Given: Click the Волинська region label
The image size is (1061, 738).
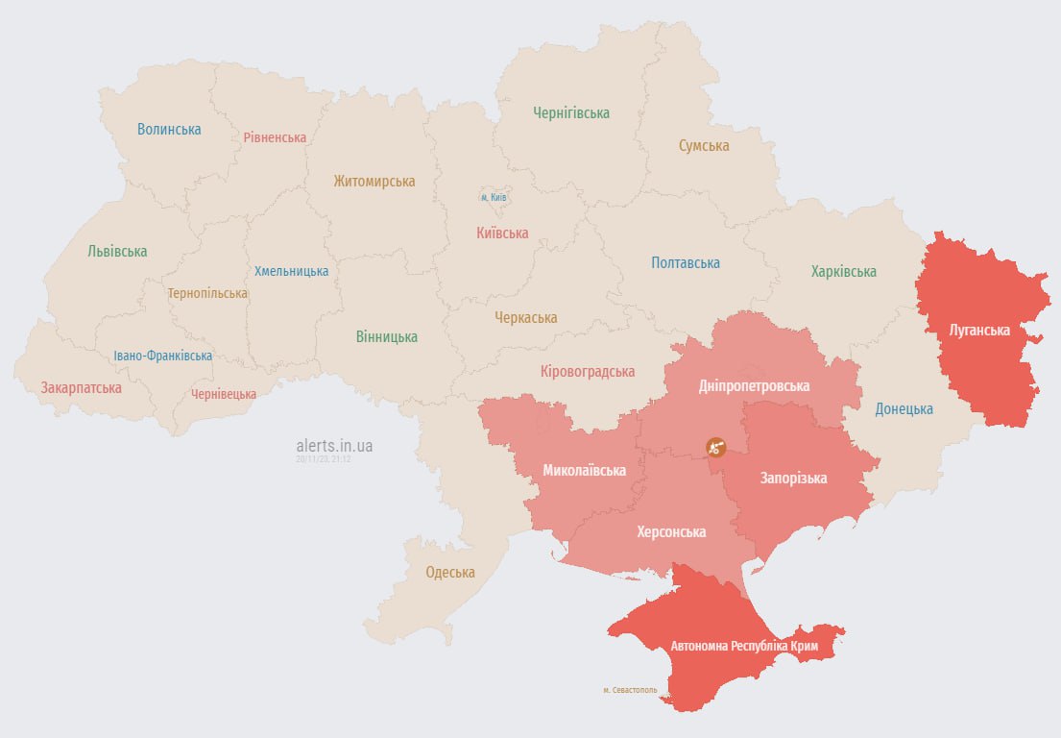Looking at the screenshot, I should pyautogui.click(x=169, y=129).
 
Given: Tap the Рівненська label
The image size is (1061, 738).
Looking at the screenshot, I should pyautogui.click(x=275, y=137).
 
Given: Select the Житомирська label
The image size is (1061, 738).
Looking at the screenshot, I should pyautogui.click(x=374, y=181).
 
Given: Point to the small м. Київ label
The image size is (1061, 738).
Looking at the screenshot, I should pyautogui.click(x=494, y=197).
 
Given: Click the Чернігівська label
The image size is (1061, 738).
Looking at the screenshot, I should pyautogui.click(x=571, y=112).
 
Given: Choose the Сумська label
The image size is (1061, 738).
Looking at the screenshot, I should pyautogui.click(x=704, y=146).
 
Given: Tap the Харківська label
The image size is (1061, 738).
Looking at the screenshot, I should pyautogui.click(x=843, y=271).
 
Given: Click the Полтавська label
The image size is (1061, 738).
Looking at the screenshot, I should pyautogui.click(x=686, y=262).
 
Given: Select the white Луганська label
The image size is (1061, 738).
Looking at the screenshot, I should pyautogui.click(x=979, y=330).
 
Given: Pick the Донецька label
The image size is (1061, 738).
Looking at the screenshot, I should pyautogui.click(x=904, y=408).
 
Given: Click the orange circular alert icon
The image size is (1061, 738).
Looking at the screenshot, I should pyautogui.click(x=715, y=446).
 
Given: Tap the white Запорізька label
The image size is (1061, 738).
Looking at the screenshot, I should pyautogui.click(x=793, y=478).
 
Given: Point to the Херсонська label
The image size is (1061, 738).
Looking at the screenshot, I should pyautogui.click(x=671, y=531).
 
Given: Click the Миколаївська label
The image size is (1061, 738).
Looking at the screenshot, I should pyautogui.click(x=584, y=470).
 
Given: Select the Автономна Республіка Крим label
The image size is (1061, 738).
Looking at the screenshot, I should pyautogui.click(x=744, y=647).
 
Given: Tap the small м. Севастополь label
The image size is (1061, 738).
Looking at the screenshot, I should pyautogui.click(x=630, y=690).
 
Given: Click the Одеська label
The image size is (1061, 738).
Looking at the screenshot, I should pyautogui.click(x=450, y=572).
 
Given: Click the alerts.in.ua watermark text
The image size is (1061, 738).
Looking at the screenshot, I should pyautogui.click(x=334, y=446).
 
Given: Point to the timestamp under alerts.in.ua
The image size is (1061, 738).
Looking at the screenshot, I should pyautogui.click(x=324, y=459).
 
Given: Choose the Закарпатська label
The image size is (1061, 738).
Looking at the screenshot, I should pyautogui.click(x=81, y=388).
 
